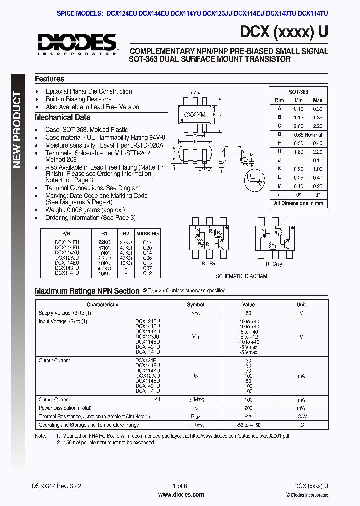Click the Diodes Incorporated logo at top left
pos(76,43)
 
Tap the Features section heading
pos(49,79)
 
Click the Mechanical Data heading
pos(62,118)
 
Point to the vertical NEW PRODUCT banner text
pos(17,130)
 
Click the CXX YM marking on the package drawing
pos(195,115)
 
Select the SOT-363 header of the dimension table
pos(298,92)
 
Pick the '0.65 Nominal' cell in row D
pos(308,134)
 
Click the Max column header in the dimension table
pos(318,100)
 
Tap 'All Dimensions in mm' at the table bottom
pos(298,203)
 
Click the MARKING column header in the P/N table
pos(147,233)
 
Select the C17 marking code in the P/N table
pos(147,242)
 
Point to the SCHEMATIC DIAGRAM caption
pos(241,276)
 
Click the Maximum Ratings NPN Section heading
pos(87,291)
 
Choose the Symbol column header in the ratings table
pos(195,304)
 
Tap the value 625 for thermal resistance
pos(248,416)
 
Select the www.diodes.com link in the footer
pos(181,495)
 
